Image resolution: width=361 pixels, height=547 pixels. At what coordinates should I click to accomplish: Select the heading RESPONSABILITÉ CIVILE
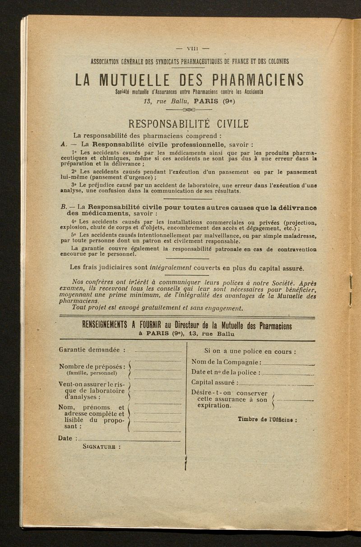click(x=188, y=124)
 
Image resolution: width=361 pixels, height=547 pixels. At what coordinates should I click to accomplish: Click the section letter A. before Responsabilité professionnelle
click(x=63, y=145)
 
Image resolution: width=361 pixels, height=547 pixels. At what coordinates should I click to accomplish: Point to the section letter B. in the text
click(x=63, y=206)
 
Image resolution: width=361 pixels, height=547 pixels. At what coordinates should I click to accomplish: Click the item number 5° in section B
click(x=74, y=235)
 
